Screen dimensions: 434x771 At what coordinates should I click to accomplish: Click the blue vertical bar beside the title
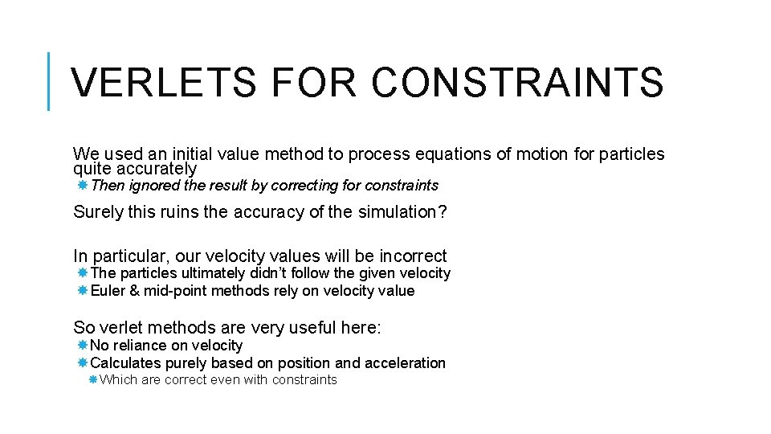click(x=49, y=81)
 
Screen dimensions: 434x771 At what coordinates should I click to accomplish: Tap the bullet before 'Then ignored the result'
click(x=83, y=186)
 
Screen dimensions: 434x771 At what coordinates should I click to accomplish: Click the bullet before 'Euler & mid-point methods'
click(x=83, y=291)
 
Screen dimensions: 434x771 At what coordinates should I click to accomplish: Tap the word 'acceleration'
click(x=405, y=363)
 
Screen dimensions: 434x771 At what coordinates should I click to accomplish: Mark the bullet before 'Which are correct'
click(x=94, y=380)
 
